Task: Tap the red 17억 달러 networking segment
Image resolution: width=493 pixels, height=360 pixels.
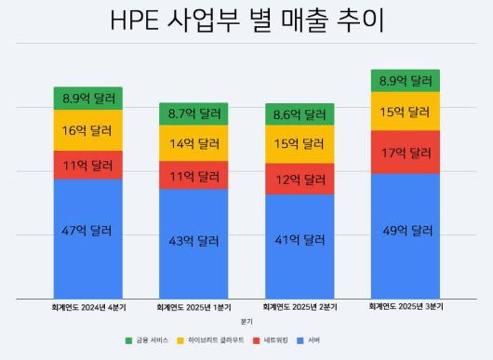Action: [406, 152]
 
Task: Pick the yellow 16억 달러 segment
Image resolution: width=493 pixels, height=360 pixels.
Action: [88, 130]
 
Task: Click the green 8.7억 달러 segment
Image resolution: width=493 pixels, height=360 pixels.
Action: [193, 113]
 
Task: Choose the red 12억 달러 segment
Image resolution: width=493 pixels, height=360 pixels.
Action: [300, 179]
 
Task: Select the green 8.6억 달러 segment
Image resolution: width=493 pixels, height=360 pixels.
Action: [300, 113]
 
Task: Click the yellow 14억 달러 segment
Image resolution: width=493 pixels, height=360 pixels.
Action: [193, 143]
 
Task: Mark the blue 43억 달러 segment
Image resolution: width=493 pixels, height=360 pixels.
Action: [193, 242]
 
